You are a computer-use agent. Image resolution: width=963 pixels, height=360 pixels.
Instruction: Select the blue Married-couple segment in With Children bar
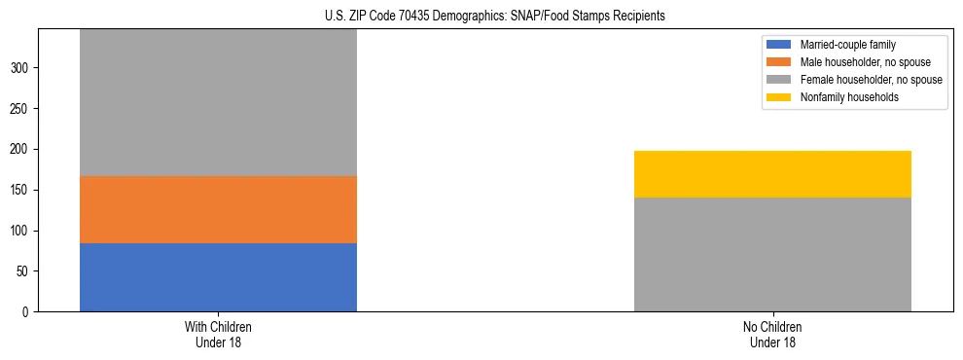[x=218, y=277]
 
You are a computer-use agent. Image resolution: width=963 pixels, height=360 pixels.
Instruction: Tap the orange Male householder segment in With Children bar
[x=218, y=209]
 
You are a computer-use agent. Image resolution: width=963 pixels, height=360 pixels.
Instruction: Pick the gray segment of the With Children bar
[x=218, y=102]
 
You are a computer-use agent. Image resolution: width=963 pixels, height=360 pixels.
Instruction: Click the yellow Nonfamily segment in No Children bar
[x=772, y=174]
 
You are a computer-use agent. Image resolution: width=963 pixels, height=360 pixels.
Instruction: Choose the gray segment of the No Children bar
[x=772, y=254]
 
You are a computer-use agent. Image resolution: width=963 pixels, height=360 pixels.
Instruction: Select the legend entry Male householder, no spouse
[x=856, y=62]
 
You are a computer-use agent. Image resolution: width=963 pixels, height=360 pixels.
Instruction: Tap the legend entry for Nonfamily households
[x=842, y=97]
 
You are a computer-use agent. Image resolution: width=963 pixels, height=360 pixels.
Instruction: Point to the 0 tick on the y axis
[x=27, y=312]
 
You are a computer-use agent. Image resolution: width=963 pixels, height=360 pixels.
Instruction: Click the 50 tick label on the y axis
[x=24, y=271]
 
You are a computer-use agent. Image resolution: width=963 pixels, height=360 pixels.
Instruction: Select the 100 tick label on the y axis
[x=21, y=231]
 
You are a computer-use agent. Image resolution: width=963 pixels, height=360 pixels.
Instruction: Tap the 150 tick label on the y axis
[x=21, y=190]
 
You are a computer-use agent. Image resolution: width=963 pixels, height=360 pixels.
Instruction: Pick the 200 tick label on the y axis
[x=21, y=149]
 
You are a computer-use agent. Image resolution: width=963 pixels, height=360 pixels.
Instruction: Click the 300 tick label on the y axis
[x=21, y=68]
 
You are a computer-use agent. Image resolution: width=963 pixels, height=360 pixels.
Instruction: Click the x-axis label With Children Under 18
[x=218, y=335]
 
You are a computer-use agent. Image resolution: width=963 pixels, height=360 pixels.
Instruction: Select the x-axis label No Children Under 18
[x=772, y=335]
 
